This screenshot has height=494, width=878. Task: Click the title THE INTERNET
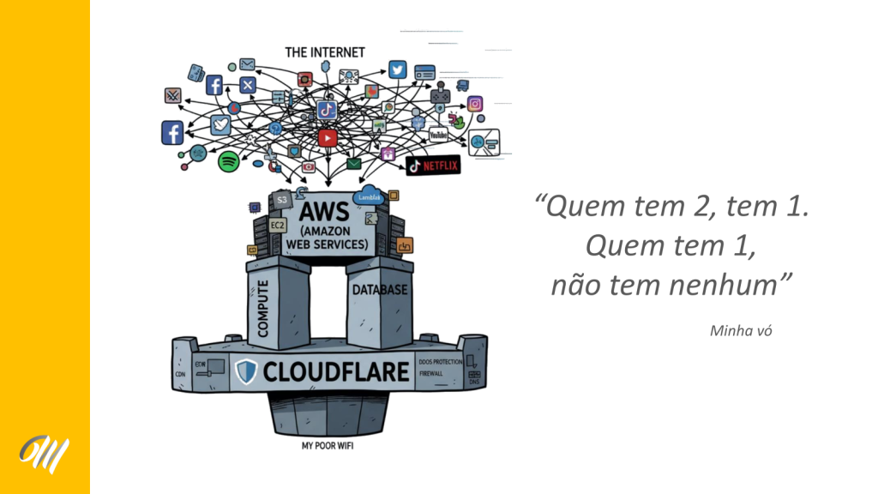pyautogui.click(x=325, y=52)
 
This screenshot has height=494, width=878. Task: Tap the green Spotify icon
pyautogui.click(x=228, y=160)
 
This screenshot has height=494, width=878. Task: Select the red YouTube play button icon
pyautogui.click(x=327, y=137)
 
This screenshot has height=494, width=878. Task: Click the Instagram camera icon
pyautogui.click(x=475, y=105)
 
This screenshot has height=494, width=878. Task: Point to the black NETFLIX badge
pyautogui.click(x=433, y=165)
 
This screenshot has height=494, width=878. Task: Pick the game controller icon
pyautogui.click(x=440, y=92)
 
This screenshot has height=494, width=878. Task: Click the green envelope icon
pyautogui.click(x=353, y=163)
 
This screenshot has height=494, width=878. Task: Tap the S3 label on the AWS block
pyautogui.click(x=281, y=200)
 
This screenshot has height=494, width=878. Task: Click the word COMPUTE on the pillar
pyautogui.click(x=263, y=307)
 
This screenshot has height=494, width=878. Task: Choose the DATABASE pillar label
pyautogui.click(x=380, y=290)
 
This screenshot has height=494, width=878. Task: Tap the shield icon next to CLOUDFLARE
pyautogui.click(x=246, y=371)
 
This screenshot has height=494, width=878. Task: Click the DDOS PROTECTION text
pyautogui.click(x=440, y=362)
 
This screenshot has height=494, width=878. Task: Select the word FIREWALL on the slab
pyautogui.click(x=431, y=375)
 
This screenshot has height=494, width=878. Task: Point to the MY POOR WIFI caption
pyautogui.click(x=327, y=446)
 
